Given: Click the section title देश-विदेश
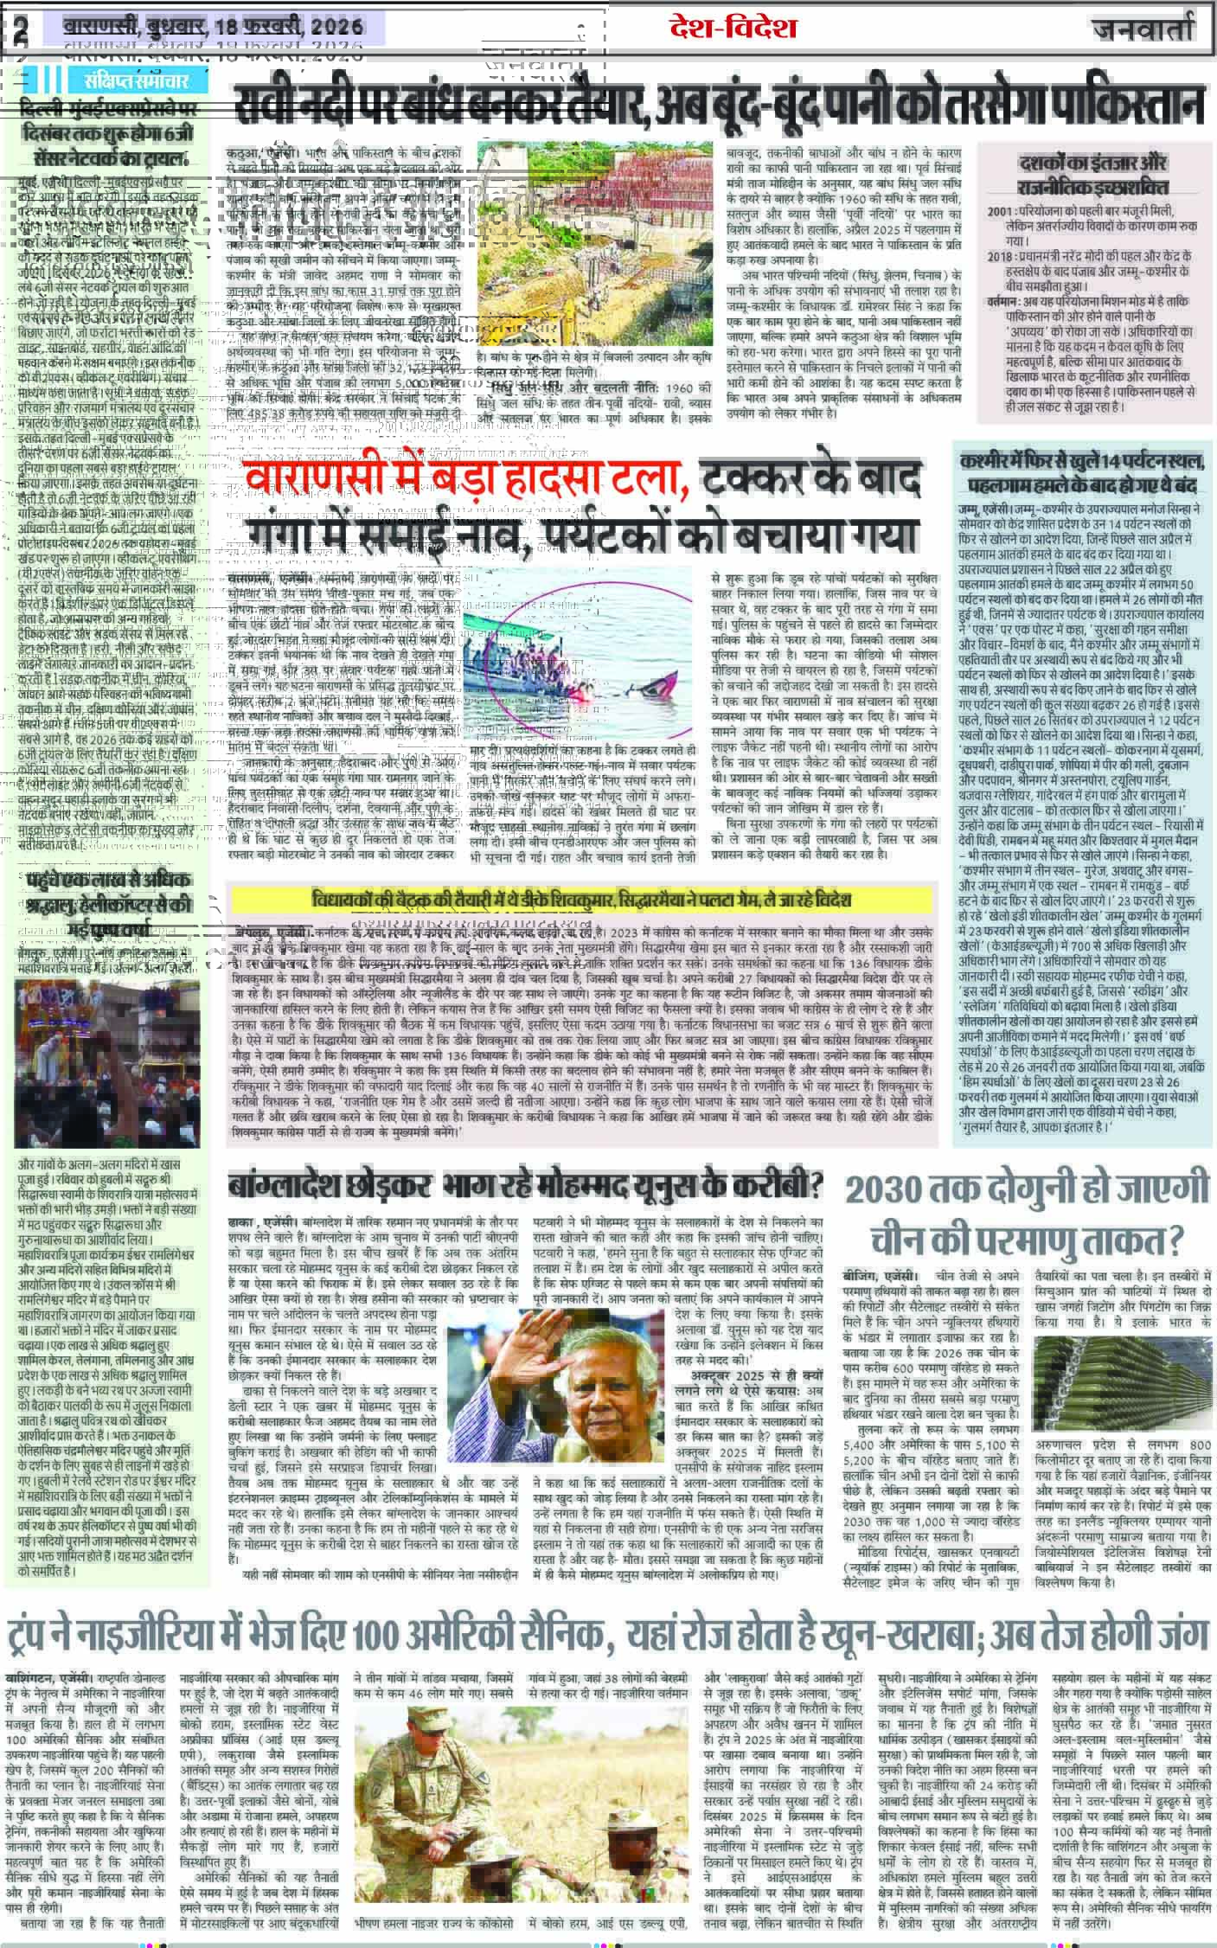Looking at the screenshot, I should coord(733,29).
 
